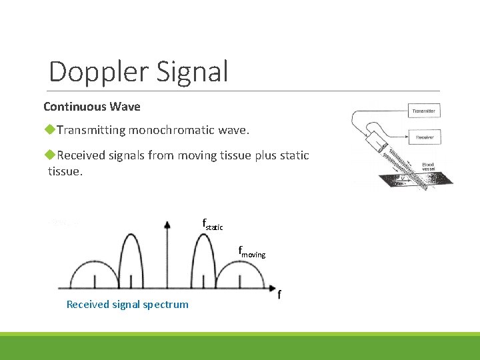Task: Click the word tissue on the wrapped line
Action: (x=65, y=172)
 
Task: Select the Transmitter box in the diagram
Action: (x=425, y=111)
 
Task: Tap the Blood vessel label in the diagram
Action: (x=428, y=167)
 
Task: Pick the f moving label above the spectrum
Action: (x=252, y=253)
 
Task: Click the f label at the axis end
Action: (x=279, y=294)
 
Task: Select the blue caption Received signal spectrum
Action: (x=127, y=305)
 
